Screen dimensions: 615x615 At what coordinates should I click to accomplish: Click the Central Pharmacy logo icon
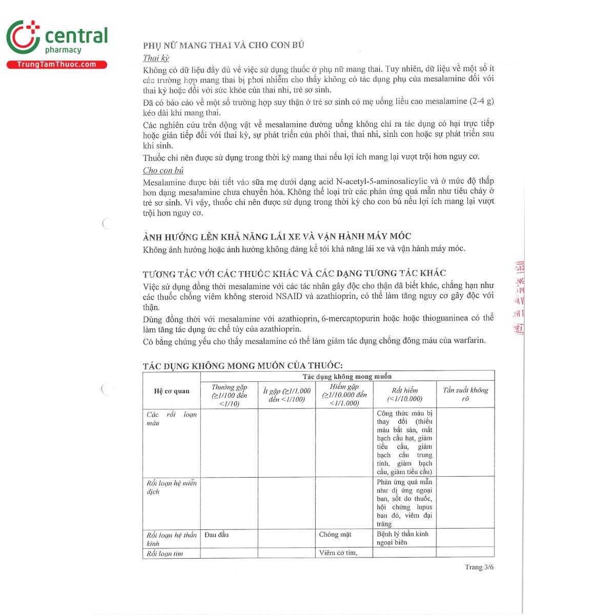(23, 37)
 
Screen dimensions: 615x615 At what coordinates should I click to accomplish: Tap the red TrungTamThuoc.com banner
(56, 65)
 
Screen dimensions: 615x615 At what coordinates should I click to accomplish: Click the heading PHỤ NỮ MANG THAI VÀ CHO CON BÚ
(223, 45)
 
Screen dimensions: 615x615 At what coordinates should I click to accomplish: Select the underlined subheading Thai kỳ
(156, 58)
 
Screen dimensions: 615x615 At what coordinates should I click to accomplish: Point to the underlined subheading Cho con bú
(163, 170)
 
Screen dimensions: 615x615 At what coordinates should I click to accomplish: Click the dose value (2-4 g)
(481, 101)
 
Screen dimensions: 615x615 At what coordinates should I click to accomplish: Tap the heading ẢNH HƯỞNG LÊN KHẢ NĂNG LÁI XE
(277, 236)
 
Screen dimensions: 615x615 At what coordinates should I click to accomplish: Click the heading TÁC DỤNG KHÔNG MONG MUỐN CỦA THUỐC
(242, 365)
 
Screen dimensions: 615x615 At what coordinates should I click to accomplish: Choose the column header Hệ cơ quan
(172, 391)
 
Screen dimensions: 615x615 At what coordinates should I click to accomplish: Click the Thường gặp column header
(229, 395)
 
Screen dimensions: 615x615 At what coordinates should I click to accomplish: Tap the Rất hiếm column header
(405, 394)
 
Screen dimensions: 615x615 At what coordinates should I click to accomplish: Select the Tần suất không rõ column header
(465, 394)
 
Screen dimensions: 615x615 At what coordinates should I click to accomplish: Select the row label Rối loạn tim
(165, 553)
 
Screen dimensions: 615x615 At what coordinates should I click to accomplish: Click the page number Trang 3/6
(479, 567)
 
